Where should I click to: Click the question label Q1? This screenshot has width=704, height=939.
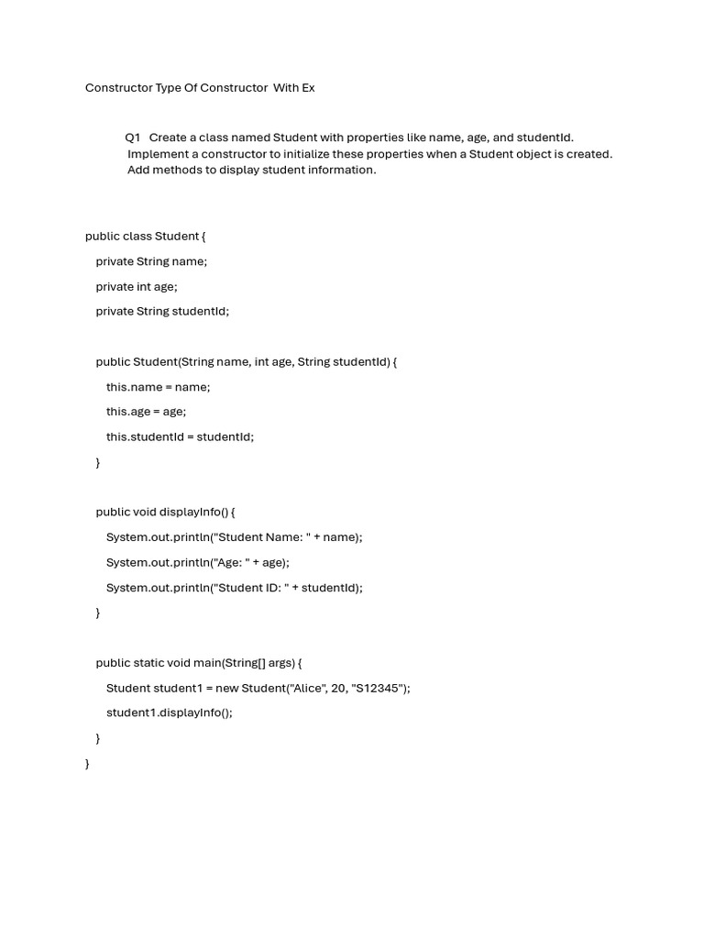[x=133, y=138]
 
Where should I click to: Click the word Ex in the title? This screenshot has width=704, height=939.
[x=306, y=88]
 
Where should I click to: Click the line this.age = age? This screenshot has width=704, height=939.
[x=146, y=412]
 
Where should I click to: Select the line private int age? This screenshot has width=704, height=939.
[x=137, y=286]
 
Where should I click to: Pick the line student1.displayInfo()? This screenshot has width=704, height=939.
[x=170, y=713]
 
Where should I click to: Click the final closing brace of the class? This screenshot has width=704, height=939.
[x=87, y=763]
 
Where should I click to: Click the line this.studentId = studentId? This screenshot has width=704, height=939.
[x=180, y=436]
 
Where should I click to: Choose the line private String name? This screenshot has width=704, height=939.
[x=151, y=261]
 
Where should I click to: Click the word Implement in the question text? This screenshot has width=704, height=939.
[x=157, y=154]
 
